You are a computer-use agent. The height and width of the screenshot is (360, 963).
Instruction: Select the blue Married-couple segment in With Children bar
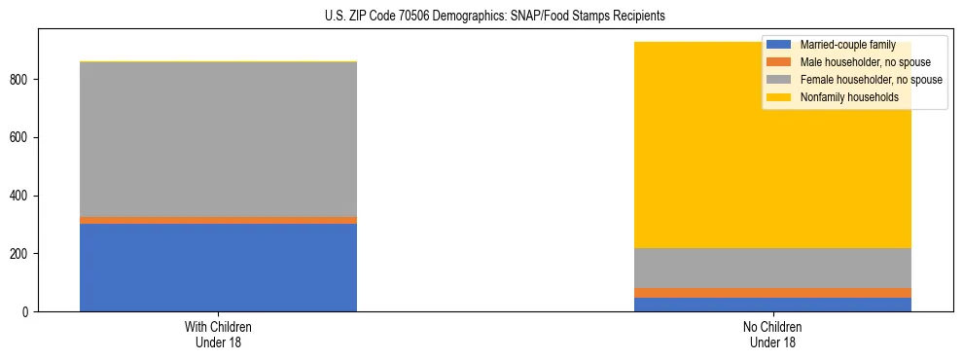(218, 268)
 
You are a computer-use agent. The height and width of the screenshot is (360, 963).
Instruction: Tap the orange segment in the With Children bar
(218, 220)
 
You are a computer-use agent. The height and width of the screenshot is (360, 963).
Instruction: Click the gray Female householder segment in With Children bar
(218, 139)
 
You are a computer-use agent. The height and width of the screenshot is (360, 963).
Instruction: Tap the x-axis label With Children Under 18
(218, 335)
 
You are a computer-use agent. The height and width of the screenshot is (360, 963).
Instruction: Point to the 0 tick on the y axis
(28, 312)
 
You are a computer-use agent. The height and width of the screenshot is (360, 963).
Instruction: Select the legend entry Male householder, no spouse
(861, 62)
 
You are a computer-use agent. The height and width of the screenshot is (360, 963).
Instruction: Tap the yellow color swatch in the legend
(779, 97)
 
